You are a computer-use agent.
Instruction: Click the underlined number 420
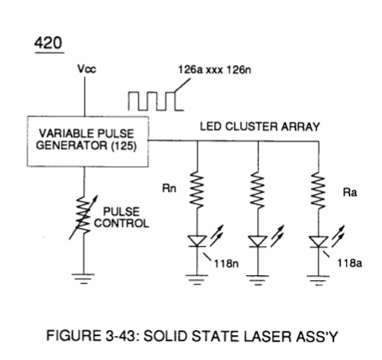[48, 44]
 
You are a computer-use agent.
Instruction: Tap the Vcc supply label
[87, 69]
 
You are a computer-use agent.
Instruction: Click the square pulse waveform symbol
[156, 101]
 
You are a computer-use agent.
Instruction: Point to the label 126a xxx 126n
[214, 69]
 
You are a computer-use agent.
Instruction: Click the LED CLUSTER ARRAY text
[260, 127]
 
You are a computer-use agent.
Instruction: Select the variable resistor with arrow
[84, 217]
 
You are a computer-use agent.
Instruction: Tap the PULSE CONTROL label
[122, 217]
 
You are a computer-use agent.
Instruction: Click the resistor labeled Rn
[197, 189]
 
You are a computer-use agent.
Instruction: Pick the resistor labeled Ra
[319, 190]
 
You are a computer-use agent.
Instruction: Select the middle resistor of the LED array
[258, 189]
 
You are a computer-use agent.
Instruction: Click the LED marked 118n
[197, 241]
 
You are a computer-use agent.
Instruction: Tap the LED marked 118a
[319, 242]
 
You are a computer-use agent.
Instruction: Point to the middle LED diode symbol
[258, 241]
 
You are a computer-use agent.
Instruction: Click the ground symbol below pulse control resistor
[83, 279]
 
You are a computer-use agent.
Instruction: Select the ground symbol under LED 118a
[319, 280]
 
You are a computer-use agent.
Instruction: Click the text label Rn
[170, 189]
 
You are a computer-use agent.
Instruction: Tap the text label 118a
[349, 263]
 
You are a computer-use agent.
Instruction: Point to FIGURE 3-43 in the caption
[93, 336]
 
